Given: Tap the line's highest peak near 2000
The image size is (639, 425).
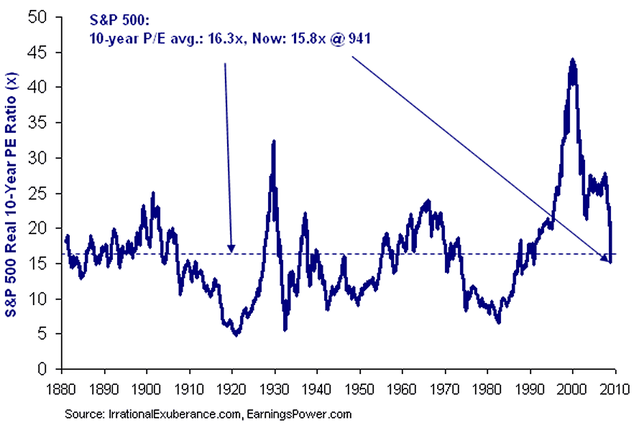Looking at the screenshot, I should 572,60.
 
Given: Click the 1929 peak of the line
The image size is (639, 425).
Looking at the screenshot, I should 273,141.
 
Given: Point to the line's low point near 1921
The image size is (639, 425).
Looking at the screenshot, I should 236,335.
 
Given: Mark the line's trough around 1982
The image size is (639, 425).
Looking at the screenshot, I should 498,322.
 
